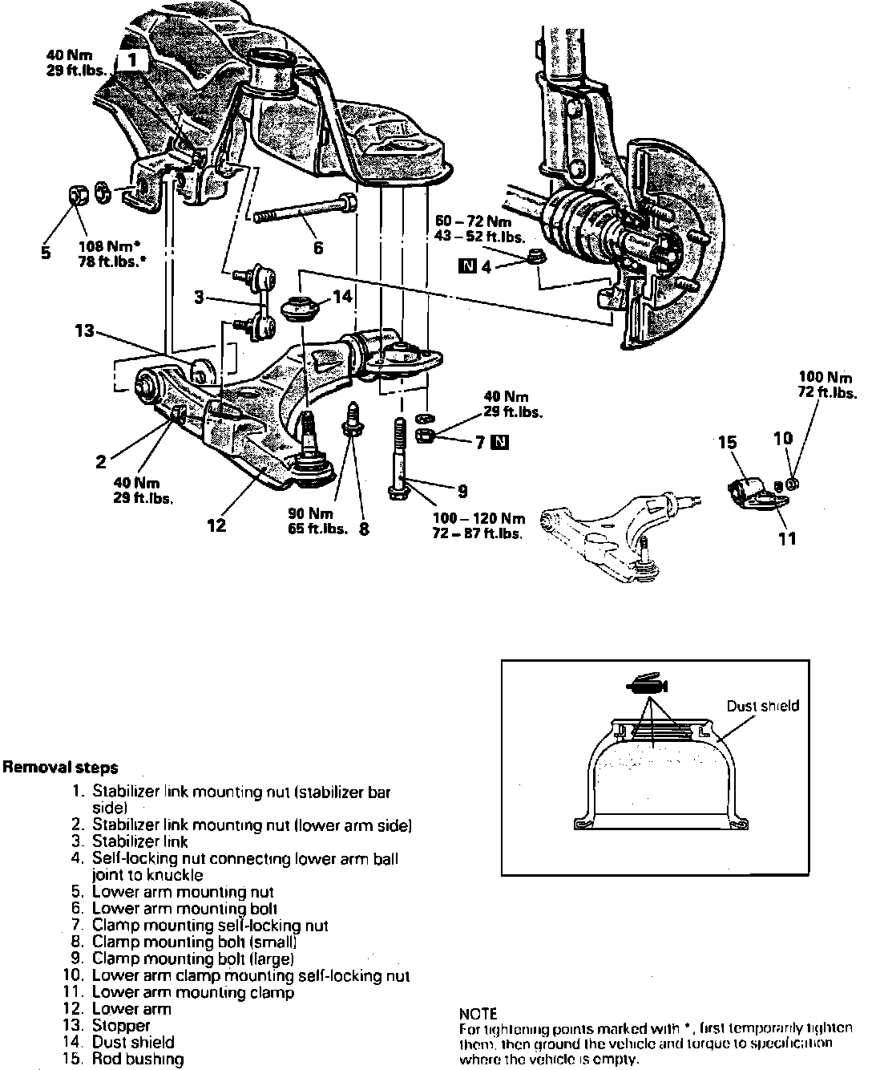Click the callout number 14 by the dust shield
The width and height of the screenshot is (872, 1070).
[x=342, y=297]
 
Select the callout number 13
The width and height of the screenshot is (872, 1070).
[x=85, y=330]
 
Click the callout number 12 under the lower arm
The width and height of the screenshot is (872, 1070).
[x=216, y=525]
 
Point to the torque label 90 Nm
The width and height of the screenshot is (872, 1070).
[x=305, y=512]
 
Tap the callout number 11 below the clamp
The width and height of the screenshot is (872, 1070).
[x=789, y=537]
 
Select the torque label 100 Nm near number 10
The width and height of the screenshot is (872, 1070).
[x=826, y=376]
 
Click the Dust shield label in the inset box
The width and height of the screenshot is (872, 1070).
[x=762, y=706]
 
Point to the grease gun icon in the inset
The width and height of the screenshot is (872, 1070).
[x=648, y=684]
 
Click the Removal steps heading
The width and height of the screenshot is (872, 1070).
[x=61, y=768]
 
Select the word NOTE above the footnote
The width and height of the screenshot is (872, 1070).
[x=478, y=1014]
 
